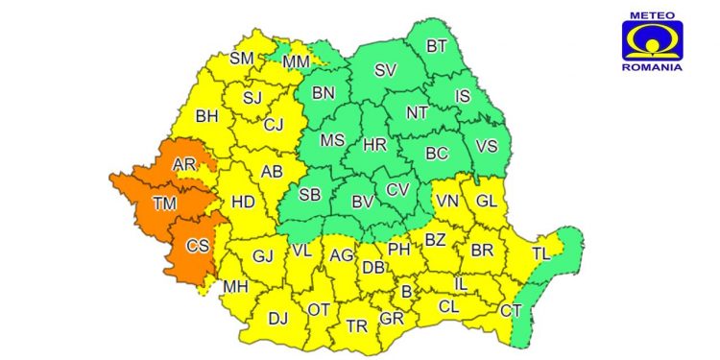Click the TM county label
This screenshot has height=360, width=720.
coord(165,204)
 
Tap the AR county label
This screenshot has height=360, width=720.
coord(185,165)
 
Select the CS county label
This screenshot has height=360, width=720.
coord(198,247)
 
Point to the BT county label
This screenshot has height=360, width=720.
coord(437,45)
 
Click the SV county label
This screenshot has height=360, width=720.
coord(385,70)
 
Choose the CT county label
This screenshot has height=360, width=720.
coord(511,310)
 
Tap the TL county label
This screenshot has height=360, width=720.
coord(544,253)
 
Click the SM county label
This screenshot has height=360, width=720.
coord(242,59)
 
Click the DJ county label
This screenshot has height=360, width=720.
coord(278,319)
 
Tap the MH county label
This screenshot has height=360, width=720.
coord(235,287)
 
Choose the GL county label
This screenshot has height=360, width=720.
coord(488,200)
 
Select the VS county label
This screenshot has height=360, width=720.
coord(486,148)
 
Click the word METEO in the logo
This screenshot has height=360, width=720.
coord(652,14)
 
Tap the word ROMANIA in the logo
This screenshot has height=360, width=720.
coord(652,67)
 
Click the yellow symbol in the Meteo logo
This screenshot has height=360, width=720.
coord(652,40)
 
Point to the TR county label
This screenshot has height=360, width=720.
coord(357,326)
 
